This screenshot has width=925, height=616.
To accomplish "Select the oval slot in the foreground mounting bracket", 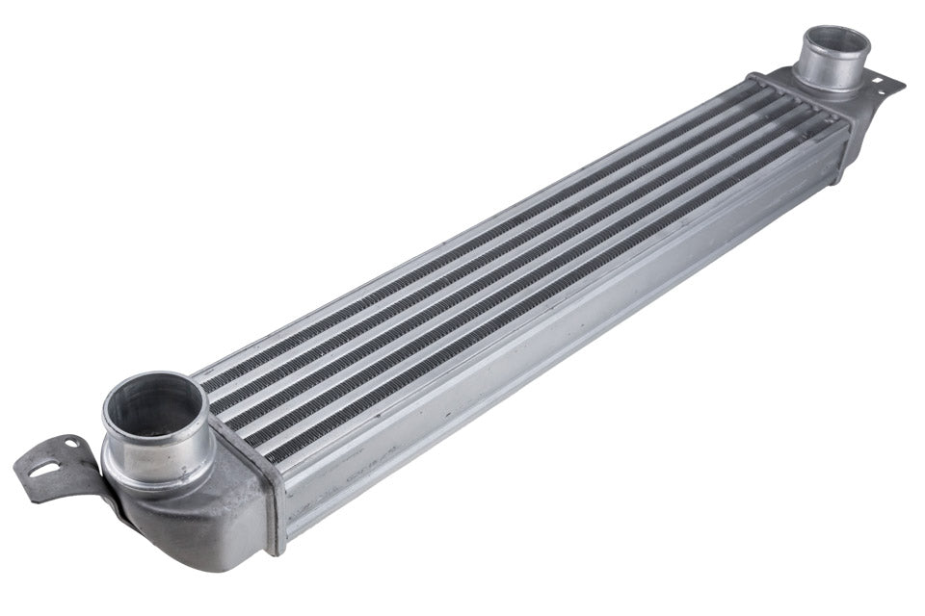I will [x=43, y=470].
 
